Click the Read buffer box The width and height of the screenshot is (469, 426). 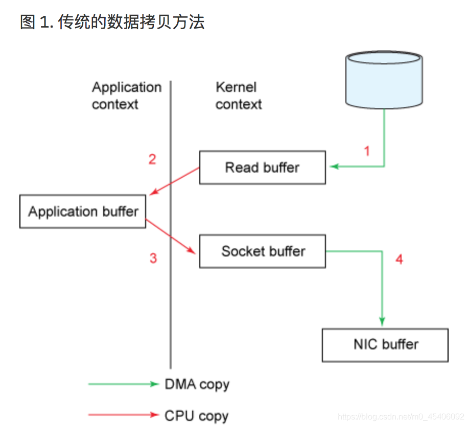[x=262, y=168]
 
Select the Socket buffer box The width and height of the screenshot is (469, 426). [x=262, y=251]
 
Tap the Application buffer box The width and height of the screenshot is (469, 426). [x=83, y=211]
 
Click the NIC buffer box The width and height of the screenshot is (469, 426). [x=385, y=345]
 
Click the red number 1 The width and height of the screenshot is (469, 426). [x=366, y=151]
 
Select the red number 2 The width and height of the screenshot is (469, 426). [x=152, y=159]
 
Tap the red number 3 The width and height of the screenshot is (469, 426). [x=153, y=258]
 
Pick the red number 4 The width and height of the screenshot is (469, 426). [x=399, y=259]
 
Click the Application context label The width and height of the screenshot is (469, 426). [x=126, y=96]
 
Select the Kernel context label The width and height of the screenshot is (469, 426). [x=238, y=96]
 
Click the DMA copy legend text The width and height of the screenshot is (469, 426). [x=197, y=385]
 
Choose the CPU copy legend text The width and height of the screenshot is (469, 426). [x=196, y=415]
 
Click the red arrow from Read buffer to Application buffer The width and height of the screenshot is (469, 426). [x=174, y=181]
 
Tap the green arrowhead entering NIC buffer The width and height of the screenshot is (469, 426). [x=382, y=321]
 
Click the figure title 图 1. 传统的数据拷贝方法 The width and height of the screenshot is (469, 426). [x=112, y=22]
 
